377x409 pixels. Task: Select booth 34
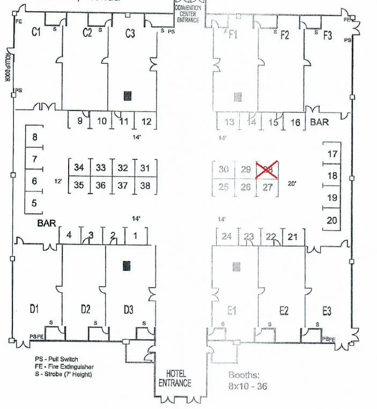pyautogui.click(x=79, y=168)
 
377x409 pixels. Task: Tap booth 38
pyautogui.click(x=145, y=186)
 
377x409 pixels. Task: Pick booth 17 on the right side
pyautogui.click(x=332, y=154)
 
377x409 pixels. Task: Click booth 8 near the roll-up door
pyautogui.click(x=35, y=137)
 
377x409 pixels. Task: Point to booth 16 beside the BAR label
pyautogui.click(x=295, y=122)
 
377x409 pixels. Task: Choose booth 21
pyautogui.click(x=292, y=236)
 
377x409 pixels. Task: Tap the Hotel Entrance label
pyautogui.click(x=175, y=378)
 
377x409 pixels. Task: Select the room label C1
pyautogui.click(x=36, y=33)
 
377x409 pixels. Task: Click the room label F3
pyautogui.click(x=327, y=35)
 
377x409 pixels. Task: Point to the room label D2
pyautogui.click(x=85, y=309)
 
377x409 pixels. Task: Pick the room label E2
pyautogui.click(x=284, y=310)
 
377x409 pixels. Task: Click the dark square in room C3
pyautogui.click(x=128, y=96)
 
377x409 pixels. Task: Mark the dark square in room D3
pyautogui.click(x=127, y=265)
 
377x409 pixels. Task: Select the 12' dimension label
pyautogui.click(x=58, y=182)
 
